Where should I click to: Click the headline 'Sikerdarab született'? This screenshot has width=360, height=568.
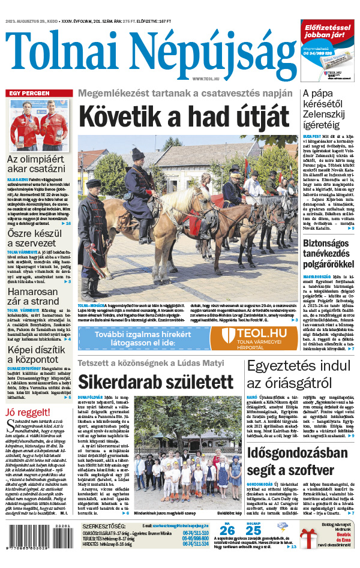click(x=155, y=382)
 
